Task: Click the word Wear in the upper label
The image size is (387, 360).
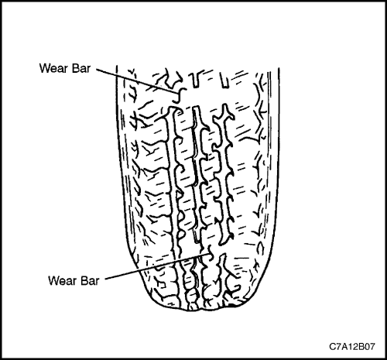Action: click(53, 68)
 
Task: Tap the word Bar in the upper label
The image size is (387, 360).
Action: click(80, 68)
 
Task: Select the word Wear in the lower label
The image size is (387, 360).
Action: click(62, 280)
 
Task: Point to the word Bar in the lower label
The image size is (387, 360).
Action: click(89, 280)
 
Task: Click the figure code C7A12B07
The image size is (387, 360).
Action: click(352, 347)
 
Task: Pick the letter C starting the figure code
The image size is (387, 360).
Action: click(332, 347)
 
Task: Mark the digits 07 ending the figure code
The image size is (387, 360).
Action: click(369, 347)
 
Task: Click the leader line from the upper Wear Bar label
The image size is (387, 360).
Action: click(136, 81)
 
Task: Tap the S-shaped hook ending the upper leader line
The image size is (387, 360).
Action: click(180, 95)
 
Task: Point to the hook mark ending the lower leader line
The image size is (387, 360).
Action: click(211, 253)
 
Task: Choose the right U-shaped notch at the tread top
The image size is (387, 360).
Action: click(224, 81)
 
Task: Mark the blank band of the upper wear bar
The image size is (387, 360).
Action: click(207, 97)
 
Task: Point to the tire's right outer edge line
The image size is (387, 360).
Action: click(277, 165)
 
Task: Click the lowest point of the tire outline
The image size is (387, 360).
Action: click(196, 310)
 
